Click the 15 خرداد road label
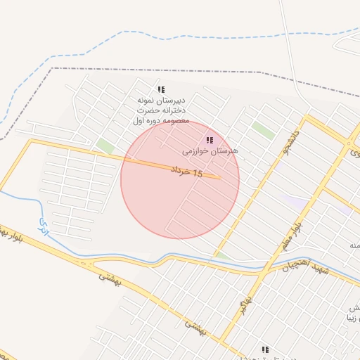coord(186,171)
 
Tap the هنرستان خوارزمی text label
coord(210,150)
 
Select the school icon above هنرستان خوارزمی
coord(210,140)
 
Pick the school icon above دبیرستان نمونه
coord(161,90)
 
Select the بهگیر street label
coord(243,304)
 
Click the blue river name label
coord(44,229)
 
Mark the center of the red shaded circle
coord(180,179)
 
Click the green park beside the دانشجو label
coord(263,130)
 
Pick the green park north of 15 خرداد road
coord(105,146)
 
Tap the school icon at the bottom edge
coord(265,349)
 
